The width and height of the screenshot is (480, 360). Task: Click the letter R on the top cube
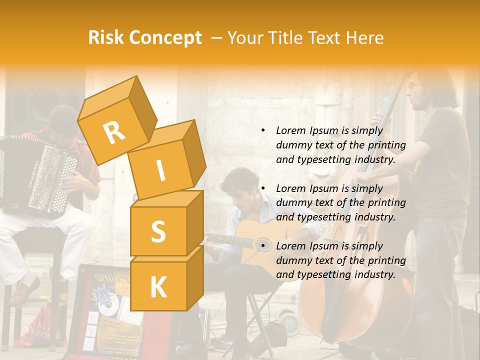point(114,132)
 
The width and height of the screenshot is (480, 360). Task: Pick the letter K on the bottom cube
point(158,287)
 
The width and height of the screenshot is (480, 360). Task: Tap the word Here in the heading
point(364,37)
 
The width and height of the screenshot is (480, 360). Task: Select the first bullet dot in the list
point(263,130)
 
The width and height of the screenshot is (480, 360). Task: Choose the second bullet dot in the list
point(263,188)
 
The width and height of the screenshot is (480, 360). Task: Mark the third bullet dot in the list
point(263,246)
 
